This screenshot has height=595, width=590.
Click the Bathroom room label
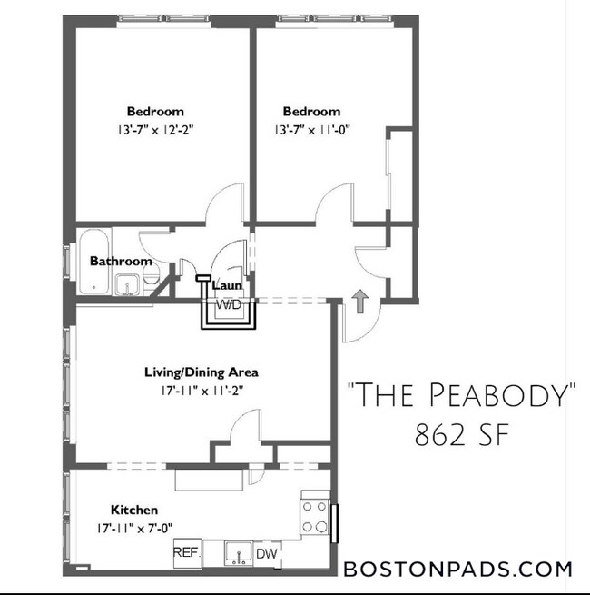pyautogui.click(x=121, y=261)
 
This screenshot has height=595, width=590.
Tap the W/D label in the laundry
pyautogui.click(x=228, y=304)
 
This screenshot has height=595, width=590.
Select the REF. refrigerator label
pyautogui.click(x=186, y=551)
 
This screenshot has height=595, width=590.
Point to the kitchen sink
pyautogui.click(x=237, y=551)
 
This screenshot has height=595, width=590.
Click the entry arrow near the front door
pyautogui.click(x=359, y=301)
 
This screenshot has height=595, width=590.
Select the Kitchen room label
pyautogui.click(x=134, y=510)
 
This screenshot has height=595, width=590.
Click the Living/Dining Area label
pyautogui.click(x=202, y=372)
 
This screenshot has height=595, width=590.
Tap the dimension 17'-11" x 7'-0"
pyautogui.click(x=135, y=527)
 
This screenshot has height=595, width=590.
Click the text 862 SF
pyautogui.click(x=462, y=437)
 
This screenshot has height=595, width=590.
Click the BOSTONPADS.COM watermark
pyautogui.click(x=458, y=570)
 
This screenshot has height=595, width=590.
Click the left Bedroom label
pyautogui.click(x=155, y=112)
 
